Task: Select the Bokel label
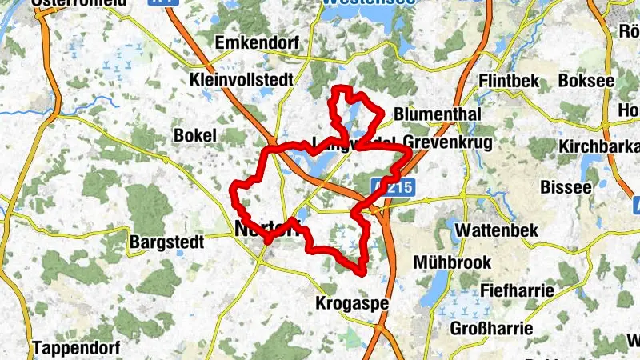click(195, 136)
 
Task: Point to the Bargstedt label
click(166, 240)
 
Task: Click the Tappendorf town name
click(76, 348)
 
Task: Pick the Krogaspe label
click(352, 304)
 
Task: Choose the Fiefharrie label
click(517, 290)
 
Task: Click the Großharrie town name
click(491, 328)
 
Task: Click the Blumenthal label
click(438, 114)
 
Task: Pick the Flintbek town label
click(508, 81)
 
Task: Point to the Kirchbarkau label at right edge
click(599, 146)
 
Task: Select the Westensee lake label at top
click(368, 3)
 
